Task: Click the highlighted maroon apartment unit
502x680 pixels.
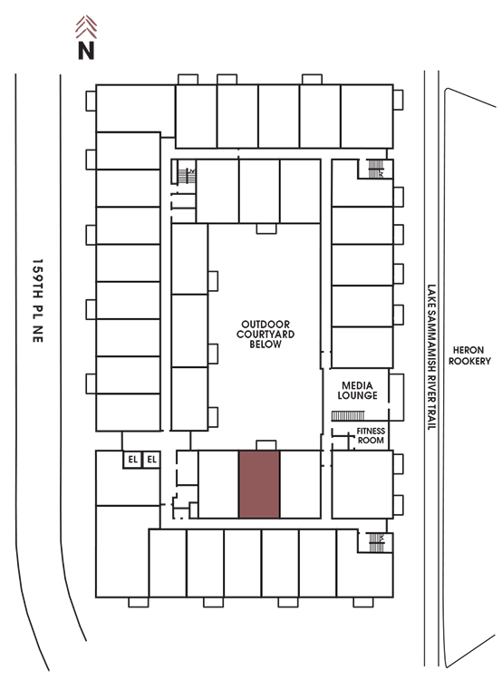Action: [259, 484]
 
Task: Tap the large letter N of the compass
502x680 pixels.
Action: [86, 50]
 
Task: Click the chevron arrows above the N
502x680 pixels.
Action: [86, 27]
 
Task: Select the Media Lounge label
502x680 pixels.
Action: [357, 390]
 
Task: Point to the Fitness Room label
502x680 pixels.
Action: [371, 435]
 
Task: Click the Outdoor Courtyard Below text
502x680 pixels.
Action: [265, 334]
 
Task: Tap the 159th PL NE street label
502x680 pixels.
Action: [38, 301]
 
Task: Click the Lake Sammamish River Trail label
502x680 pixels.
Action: [431, 357]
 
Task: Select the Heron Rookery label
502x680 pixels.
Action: [469, 355]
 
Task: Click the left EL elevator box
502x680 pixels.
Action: [132, 460]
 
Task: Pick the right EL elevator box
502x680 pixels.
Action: [151, 460]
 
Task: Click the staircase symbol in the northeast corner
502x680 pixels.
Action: [375, 169]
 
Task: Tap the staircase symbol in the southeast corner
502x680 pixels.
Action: [376, 542]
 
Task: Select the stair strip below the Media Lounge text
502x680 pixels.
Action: [348, 416]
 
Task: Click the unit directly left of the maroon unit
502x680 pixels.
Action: [218, 484]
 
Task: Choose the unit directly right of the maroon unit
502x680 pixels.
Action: [301, 484]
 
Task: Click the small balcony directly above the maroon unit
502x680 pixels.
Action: [266, 445]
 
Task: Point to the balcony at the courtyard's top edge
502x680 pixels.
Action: [266, 228]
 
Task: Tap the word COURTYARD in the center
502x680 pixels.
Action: [265, 334]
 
